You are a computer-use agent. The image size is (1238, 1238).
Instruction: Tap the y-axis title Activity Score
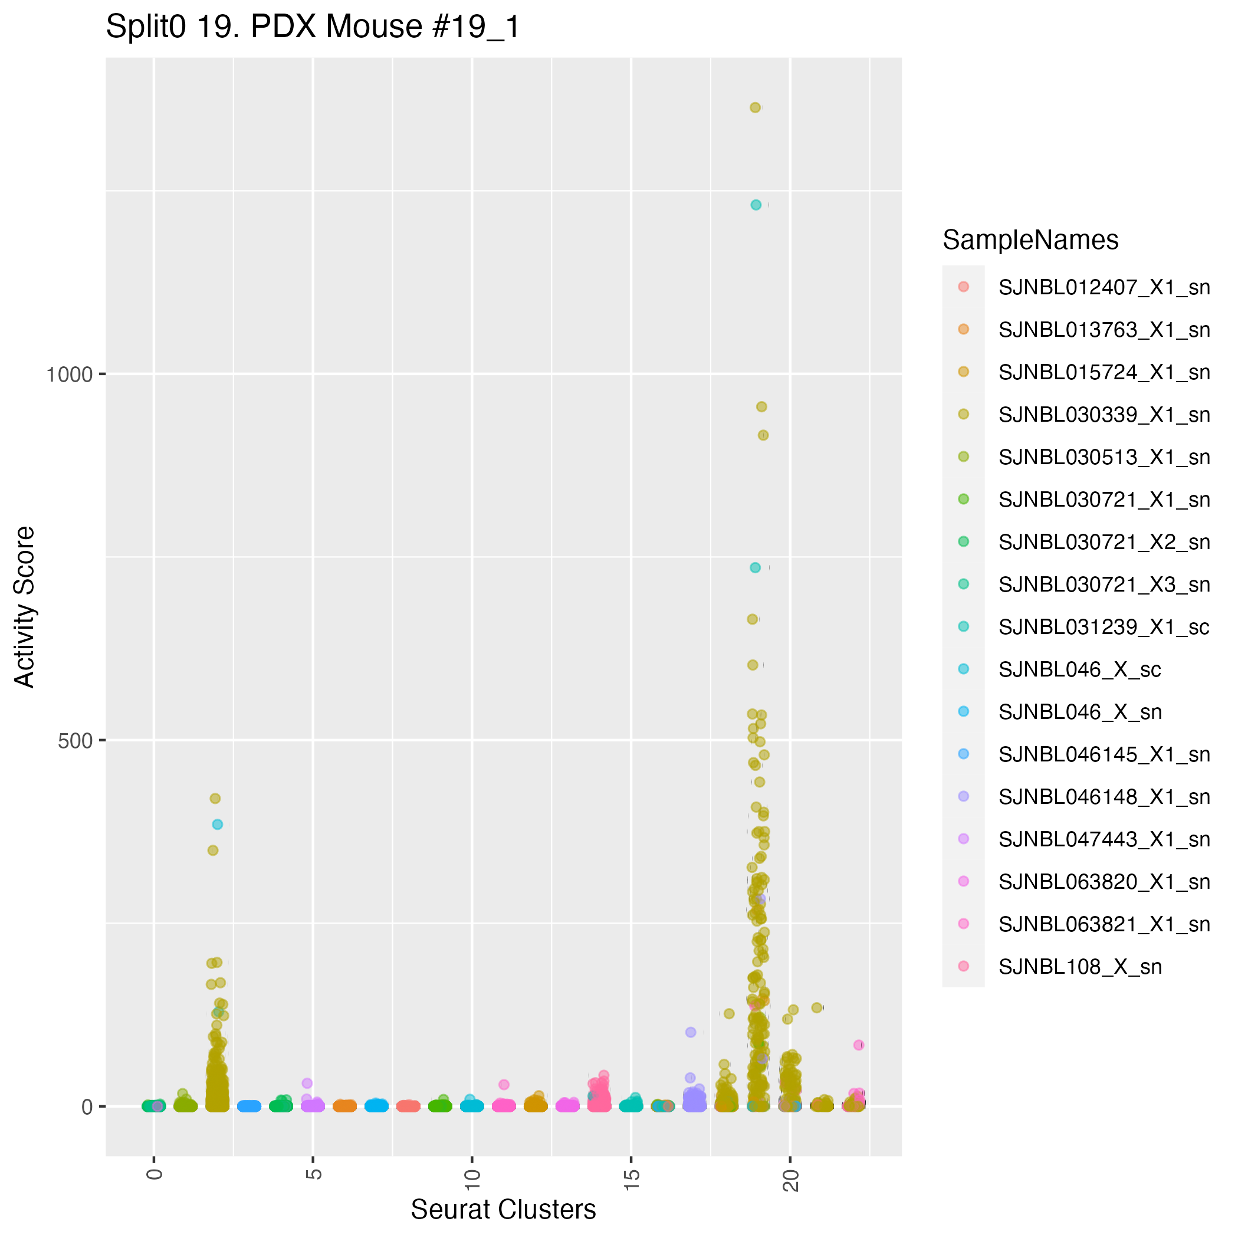(x=25, y=606)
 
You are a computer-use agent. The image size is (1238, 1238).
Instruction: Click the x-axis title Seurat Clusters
(x=503, y=1209)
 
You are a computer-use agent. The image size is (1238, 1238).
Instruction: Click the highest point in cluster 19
(x=756, y=108)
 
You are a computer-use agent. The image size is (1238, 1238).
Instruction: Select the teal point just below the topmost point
(x=756, y=205)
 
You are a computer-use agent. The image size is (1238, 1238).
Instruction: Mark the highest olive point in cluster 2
(x=215, y=799)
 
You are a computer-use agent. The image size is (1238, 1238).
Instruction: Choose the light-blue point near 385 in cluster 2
(x=218, y=825)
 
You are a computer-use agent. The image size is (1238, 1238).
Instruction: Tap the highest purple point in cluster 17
(x=691, y=1032)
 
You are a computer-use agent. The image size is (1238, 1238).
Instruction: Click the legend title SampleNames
(x=1030, y=240)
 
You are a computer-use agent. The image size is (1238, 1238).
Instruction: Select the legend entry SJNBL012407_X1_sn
(x=1104, y=288)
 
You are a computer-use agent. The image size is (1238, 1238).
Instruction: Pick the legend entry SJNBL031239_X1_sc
(x=1104, y=627)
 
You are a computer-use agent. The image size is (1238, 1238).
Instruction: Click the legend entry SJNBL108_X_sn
(x=1080, y=966)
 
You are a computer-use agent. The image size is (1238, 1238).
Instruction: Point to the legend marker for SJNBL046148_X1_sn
(x=963, y=796)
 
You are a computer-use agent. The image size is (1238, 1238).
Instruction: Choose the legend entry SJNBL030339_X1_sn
(x=1104, y=415)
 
